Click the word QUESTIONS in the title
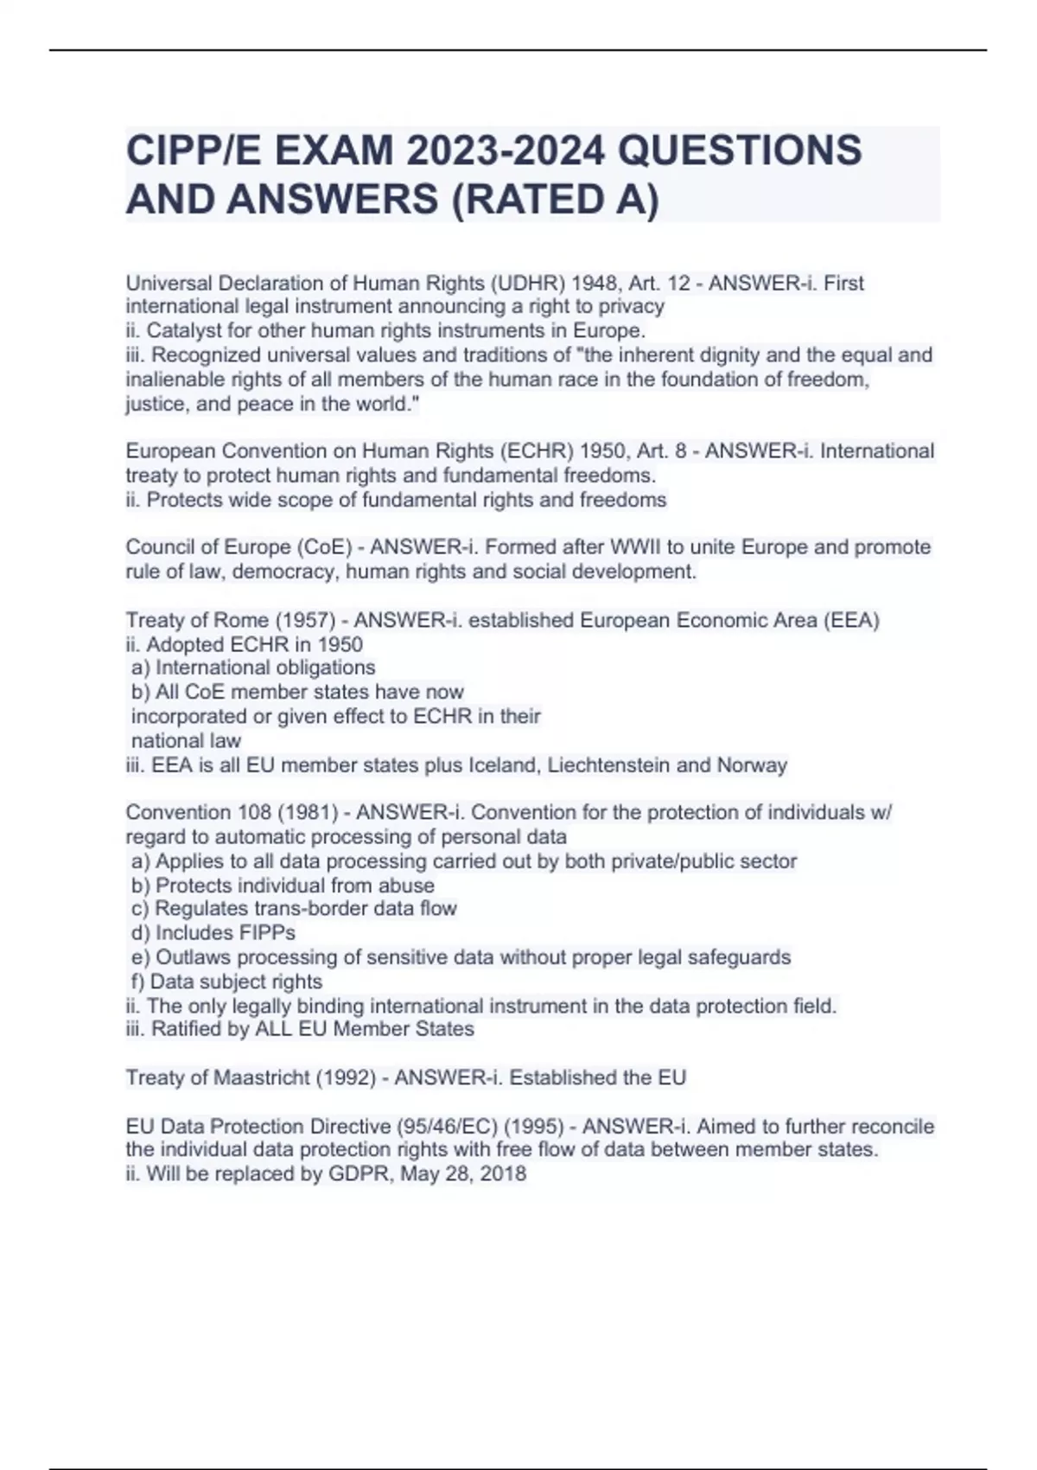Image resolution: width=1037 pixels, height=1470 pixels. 741,150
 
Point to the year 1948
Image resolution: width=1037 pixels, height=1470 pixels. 588,283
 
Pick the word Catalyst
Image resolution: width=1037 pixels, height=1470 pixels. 181,330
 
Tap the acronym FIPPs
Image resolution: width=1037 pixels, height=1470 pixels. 268,933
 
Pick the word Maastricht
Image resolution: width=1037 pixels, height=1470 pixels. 262,1077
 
